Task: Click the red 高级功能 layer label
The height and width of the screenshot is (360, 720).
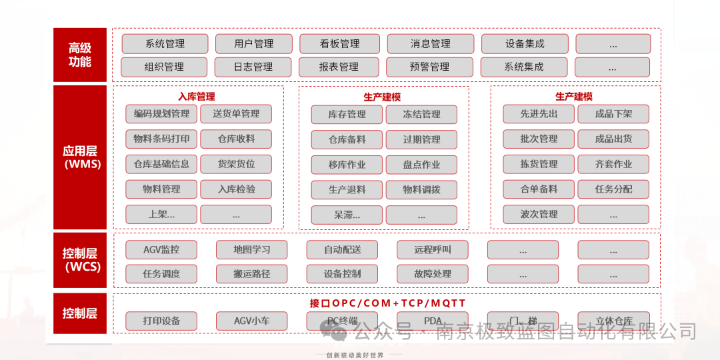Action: click(79, 55)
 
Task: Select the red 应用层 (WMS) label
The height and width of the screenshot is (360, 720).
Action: click(79, 157)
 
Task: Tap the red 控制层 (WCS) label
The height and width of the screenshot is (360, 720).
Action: click(79, 260)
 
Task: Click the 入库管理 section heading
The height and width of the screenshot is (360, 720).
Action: click(197, 97)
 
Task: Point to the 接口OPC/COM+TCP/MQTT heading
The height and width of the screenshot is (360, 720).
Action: click(387, 303)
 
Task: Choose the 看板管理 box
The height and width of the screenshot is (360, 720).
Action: click(340, 44)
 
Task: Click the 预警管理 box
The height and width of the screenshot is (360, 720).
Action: click(430, 67)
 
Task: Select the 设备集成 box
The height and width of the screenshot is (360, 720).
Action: click(525, 44)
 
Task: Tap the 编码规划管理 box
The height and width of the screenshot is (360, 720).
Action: click(161, 114)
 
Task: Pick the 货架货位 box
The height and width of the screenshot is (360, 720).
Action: click(236, 164)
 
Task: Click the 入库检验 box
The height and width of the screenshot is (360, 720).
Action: click(236, 189)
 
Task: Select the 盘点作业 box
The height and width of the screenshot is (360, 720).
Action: click(421, 165)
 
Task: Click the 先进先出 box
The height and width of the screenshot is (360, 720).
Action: click(539, 114)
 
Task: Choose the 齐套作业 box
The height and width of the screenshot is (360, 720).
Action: click(613, 164)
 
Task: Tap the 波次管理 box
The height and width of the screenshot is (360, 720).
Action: click(539, 214)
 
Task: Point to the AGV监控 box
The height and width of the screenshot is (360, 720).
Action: click(161, 250)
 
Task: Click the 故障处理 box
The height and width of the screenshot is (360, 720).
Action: click(433, 273)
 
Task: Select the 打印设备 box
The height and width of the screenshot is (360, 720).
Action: click(161, 321)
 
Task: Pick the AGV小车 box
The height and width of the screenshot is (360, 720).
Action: click(251, 321)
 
